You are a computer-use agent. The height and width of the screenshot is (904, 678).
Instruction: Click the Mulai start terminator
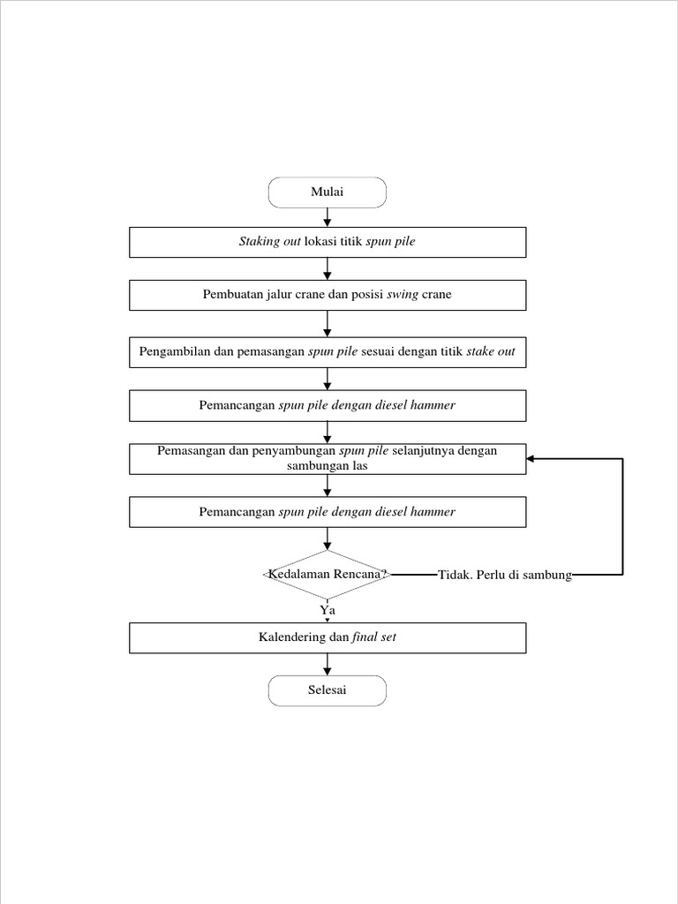[x=328, y=192]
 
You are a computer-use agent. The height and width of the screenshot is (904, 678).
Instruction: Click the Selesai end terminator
[x=328, y=690]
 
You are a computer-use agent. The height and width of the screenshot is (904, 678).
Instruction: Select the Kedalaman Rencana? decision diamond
[x=328, y=575]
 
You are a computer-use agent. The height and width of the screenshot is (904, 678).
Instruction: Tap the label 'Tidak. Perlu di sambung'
[x=505, y=576]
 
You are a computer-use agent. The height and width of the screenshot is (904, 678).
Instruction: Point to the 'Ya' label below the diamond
[x=328, y=609]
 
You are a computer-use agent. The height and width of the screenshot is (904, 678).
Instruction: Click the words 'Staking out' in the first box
[x=269, y=242]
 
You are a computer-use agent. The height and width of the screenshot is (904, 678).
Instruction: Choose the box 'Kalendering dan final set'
[x=328, y=637]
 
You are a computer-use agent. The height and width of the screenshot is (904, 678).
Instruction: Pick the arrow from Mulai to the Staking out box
[x=328, y=217]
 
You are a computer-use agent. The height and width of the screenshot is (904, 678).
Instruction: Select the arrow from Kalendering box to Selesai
[x=328, y=665]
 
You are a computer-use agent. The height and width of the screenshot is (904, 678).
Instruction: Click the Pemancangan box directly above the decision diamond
[x=328, y=512]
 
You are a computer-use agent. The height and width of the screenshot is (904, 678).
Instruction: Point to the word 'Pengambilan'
[x=174, y=351]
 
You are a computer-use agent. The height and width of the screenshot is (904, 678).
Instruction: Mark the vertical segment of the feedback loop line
[x=622, y=516]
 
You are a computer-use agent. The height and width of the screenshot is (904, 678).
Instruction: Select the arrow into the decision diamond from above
[x=328, y=539]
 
